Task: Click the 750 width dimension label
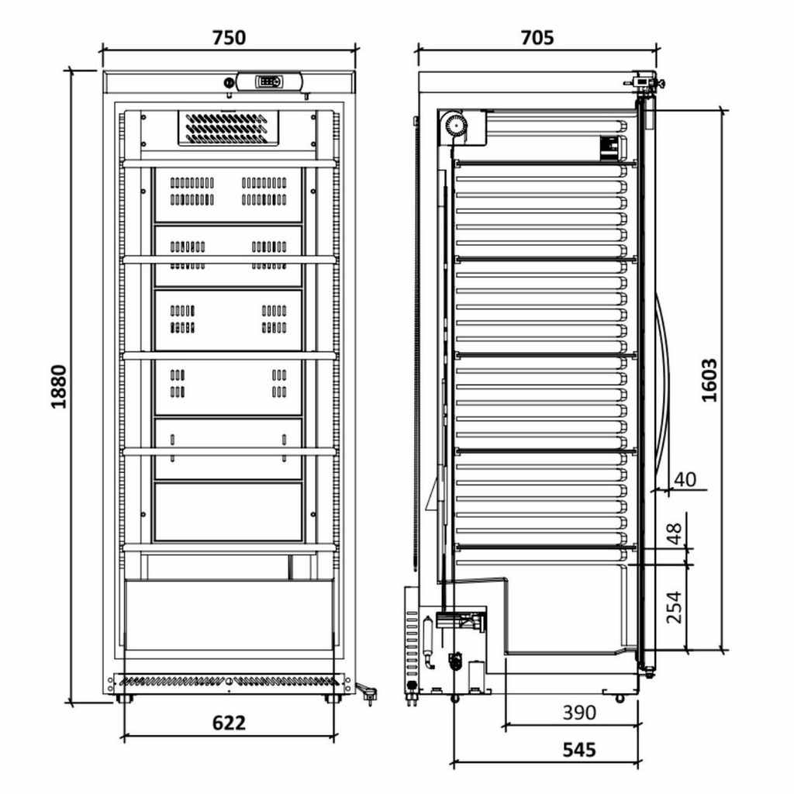229,37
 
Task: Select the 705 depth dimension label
537,37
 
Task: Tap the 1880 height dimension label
59,386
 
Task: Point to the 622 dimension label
229,723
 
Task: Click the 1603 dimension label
709,380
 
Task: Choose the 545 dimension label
579,750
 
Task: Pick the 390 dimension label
579,713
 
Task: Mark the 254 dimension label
674,607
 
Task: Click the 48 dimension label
674,533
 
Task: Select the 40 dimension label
685,479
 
